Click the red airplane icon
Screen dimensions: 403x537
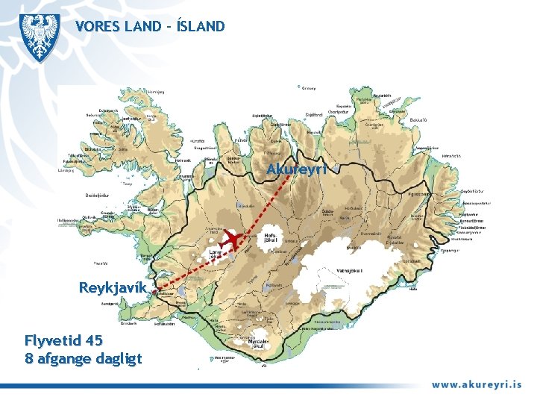237,239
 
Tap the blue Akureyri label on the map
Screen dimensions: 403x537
296,169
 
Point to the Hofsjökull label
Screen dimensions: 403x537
271,238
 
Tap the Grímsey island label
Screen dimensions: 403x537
307,88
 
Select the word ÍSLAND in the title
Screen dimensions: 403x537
198,27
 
